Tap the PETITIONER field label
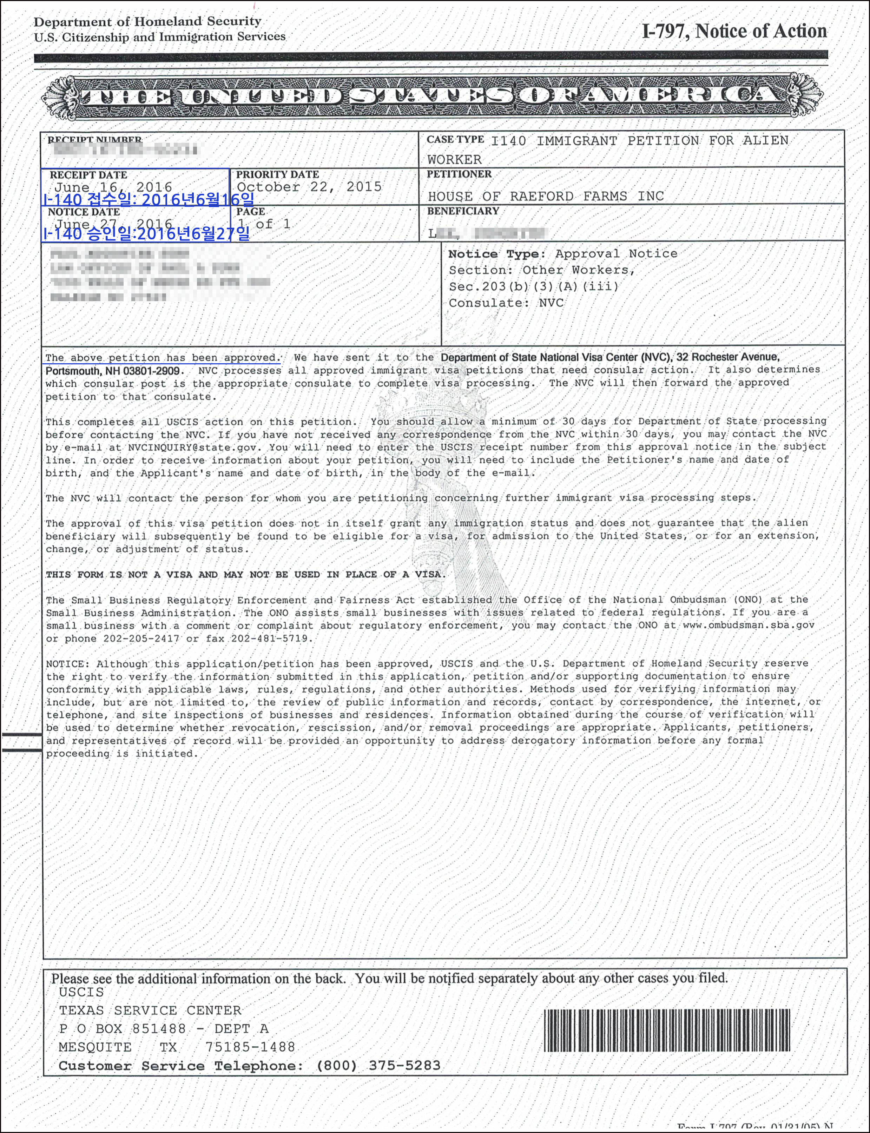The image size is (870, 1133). coord(459,174)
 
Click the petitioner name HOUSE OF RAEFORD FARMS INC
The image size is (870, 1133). coord(545,196)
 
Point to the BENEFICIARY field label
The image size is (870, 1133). coord(462,211)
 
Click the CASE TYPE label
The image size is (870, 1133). coord(455,140)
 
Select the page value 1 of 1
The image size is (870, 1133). coord(264,224)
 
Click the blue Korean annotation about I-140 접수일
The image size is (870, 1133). coord(149,199)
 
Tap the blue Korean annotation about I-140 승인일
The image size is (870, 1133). coord(146,234)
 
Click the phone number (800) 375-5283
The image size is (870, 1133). coord(378,1066)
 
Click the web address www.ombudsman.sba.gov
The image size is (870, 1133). coord(748,625)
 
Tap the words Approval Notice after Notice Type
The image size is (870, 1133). coord(616,254)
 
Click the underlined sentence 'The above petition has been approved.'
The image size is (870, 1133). coord(163,358)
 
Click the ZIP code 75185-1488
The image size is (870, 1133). coord(250,1047)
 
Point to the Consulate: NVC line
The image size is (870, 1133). coord(506,303)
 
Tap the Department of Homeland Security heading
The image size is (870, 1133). coord(147,22)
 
